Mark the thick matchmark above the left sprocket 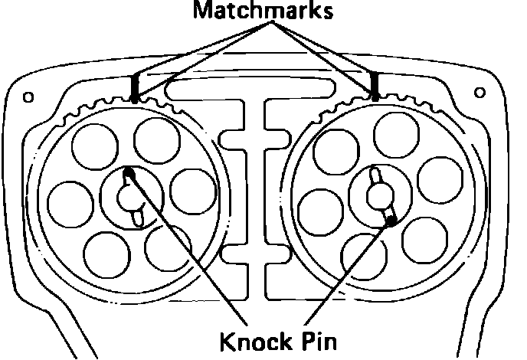[x=134, y=88]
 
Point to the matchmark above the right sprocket [x=375, y=85]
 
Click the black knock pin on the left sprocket [x=129, y=175]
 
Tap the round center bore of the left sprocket [x=130, y=198]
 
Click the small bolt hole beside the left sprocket [x=28, y=97]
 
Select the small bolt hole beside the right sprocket [x=480, y=93]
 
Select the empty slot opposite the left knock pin [x=136, y=219]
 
